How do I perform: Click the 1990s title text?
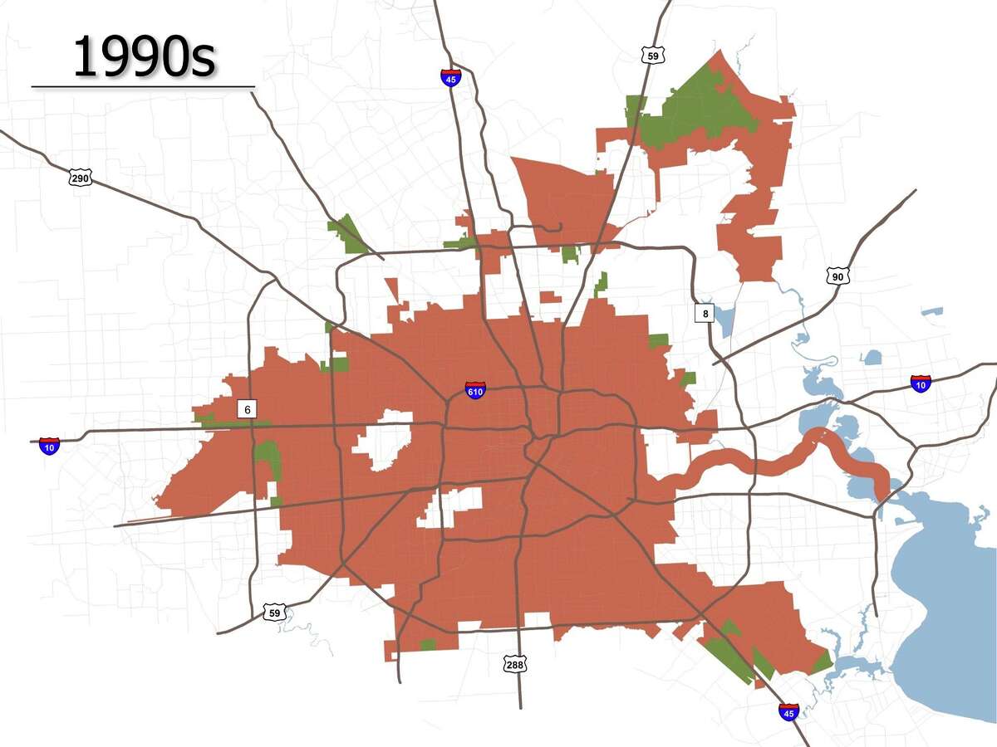[144, 56]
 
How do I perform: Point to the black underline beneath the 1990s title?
[143, 85]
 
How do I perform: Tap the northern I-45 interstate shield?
[451, 77]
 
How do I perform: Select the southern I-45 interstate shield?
[788, 711]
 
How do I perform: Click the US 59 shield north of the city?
[652, 54]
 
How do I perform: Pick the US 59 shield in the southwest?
[274, 613]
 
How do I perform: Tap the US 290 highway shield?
[80, 177]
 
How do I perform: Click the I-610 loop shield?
[475, 390]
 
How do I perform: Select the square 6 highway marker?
[247, 409]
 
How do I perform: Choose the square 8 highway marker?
[705, 313]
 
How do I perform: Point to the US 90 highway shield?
[837, 276]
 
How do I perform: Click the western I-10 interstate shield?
[50, 446]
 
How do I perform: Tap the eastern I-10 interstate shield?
[921, 383]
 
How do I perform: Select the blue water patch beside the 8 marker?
[724, 320]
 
